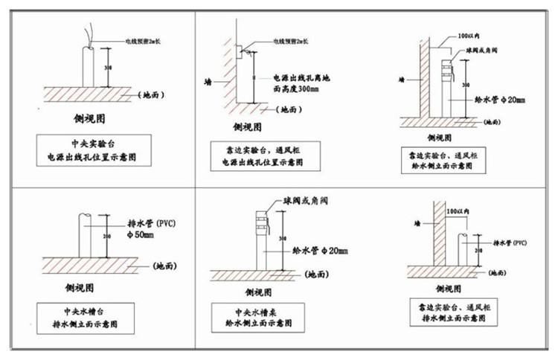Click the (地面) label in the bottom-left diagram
(164, 266)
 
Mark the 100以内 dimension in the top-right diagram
(469, 35)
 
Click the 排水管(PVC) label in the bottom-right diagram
(510, 242)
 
